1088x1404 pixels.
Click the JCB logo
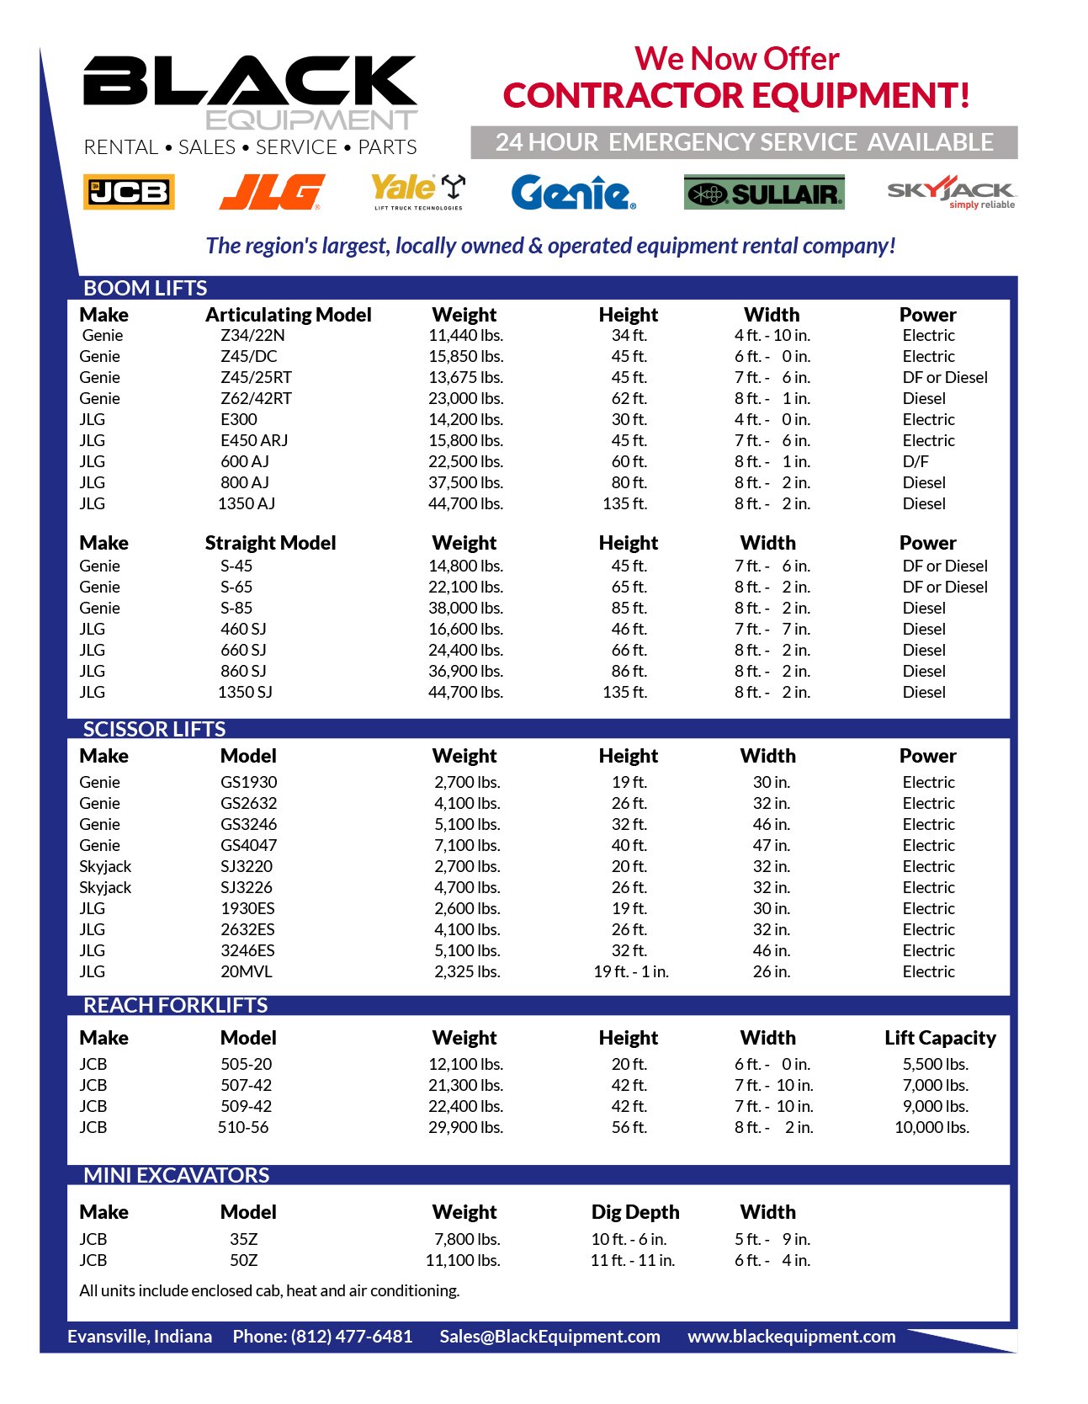pos(129,192)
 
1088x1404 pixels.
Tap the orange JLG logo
pos(272,192)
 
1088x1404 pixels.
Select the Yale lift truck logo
pos(418,191)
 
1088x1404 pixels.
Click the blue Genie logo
pos(573,193)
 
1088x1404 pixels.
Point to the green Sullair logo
pos(764,193)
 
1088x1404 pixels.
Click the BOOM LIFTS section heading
pos(145,288)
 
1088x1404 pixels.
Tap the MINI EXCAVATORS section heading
pos(176,1175)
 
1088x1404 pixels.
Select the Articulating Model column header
pos(288,315)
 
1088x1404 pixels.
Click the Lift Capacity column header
pos(940,1038)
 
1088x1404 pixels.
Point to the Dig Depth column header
pos(634,1212)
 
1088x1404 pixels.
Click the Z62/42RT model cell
pos(256,398)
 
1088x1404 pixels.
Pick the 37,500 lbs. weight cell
pos(465,482)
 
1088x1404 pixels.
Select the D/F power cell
pos(916,461)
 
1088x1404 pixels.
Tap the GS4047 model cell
pos(248,845)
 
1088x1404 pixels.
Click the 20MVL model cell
pos(246,971)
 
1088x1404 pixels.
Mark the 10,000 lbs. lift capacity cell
pos(931,1127)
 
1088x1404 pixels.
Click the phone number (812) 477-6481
pos(352,1337)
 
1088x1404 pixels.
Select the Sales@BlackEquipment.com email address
pos(549,1337)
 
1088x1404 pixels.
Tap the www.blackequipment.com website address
pos(791,1337)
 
